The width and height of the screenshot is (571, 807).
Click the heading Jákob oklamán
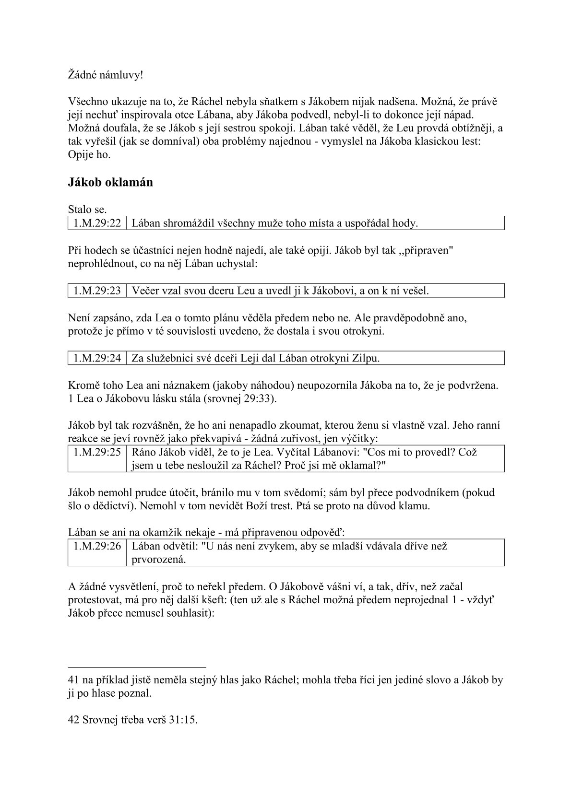[110, 183]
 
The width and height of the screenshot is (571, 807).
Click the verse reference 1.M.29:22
[97, 223]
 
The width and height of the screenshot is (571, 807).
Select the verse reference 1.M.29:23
[97, 291]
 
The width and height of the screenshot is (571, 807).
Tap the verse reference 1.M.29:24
[97, 358]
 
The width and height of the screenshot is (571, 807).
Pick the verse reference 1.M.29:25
[97, 452]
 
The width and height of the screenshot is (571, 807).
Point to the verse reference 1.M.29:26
[97, 546]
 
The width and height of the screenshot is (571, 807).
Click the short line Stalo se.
[87, 210]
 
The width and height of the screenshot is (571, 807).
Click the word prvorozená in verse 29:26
[158, 560]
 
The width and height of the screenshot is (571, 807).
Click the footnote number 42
[74, 720]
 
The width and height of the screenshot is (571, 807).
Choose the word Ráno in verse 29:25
[144, 452]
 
